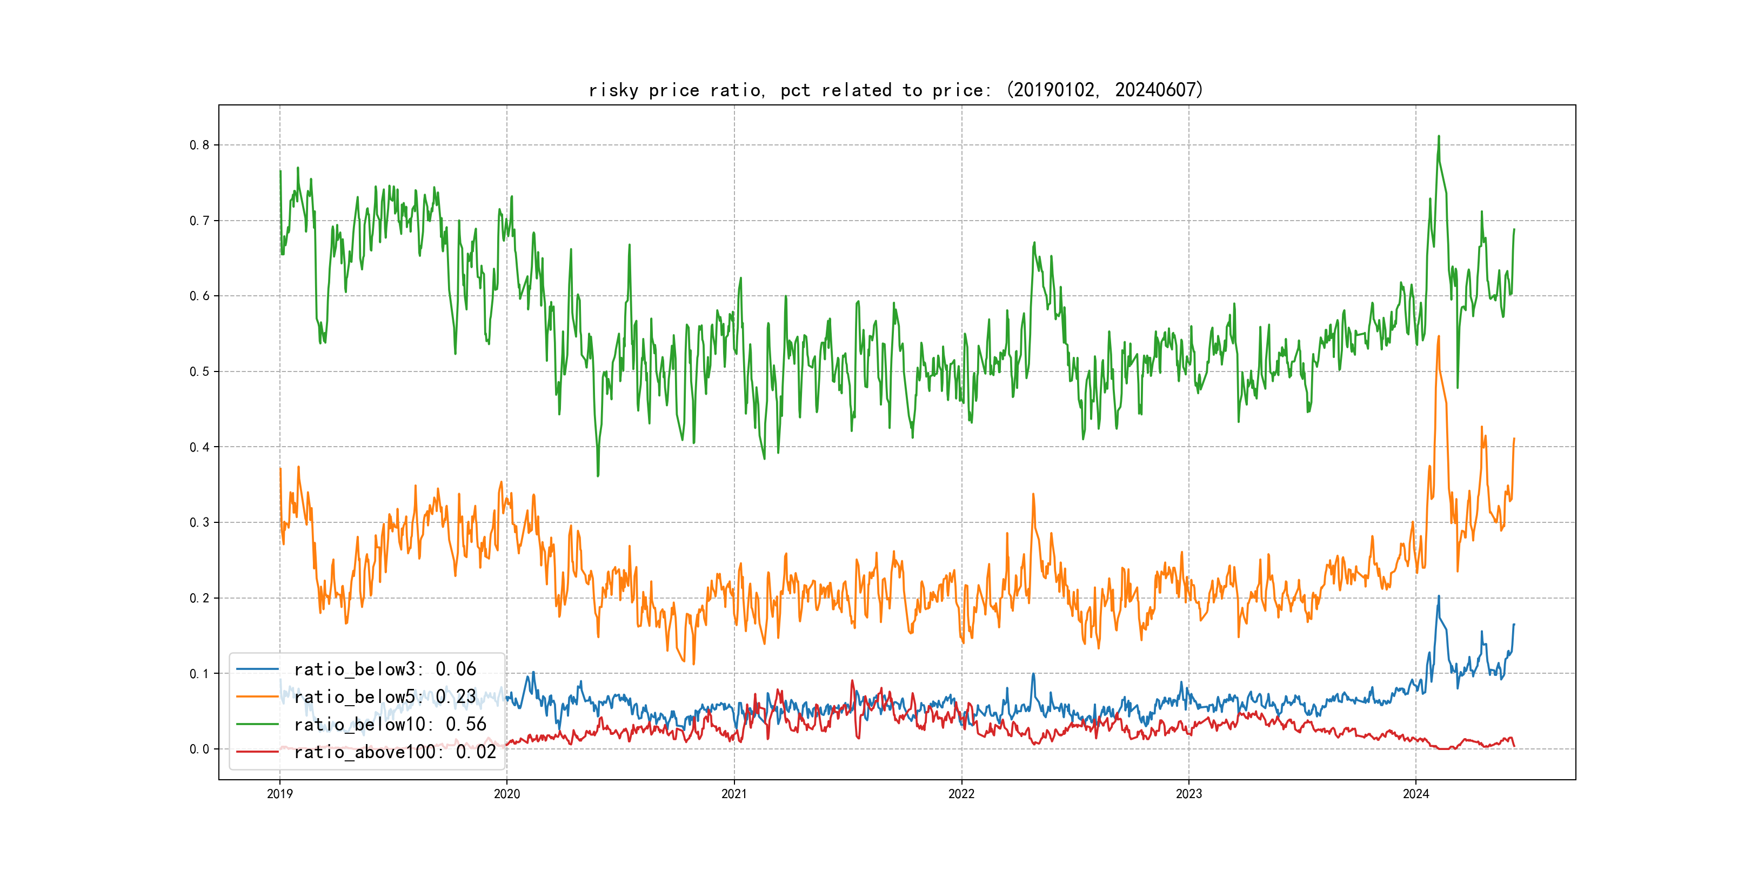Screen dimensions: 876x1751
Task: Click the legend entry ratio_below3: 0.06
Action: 385,669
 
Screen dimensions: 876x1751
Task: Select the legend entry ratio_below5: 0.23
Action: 385,696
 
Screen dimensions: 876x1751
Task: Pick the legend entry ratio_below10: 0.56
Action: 390,725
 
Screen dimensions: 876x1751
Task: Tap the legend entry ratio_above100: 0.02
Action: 395,752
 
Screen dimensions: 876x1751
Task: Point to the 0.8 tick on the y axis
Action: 199,145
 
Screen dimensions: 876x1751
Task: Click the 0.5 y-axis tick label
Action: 199,371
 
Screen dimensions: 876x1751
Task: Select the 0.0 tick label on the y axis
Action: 199,749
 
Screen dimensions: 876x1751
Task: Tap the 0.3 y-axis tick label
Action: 199,522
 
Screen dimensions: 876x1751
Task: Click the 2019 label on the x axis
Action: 279,794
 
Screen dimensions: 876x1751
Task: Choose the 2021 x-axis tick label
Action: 734,794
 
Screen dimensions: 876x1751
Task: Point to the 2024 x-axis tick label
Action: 1416,794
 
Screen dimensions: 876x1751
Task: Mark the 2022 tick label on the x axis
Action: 961,794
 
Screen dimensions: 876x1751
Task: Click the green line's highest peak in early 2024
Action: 1438,137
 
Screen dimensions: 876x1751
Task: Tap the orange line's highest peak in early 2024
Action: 1438,337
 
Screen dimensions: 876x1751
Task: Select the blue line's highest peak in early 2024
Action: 1438,596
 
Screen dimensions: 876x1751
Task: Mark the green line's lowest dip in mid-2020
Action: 598,475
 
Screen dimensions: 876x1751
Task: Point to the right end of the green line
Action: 1514,230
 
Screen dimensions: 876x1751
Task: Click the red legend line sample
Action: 257,752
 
